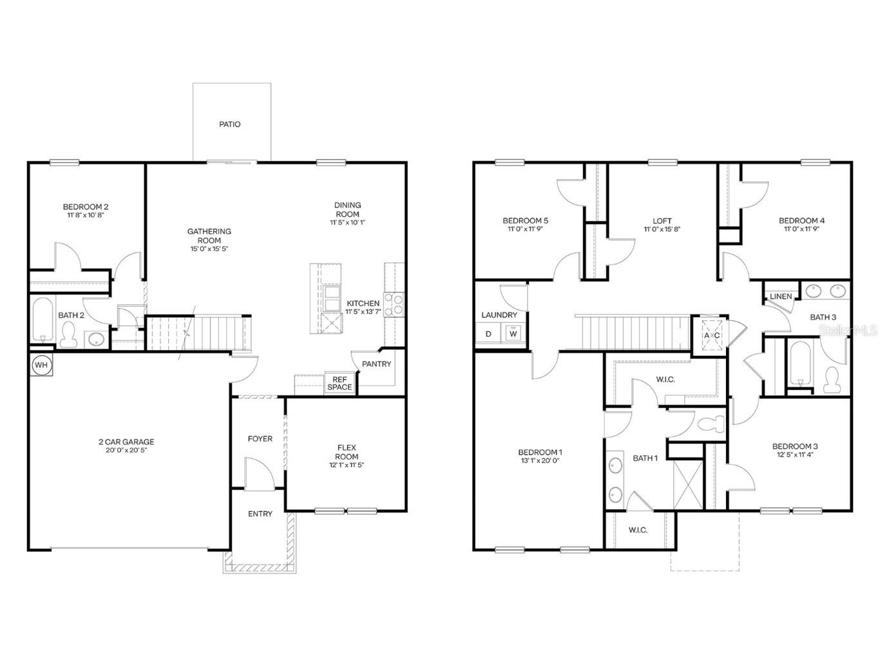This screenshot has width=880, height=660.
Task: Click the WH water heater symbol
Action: coord(41,365)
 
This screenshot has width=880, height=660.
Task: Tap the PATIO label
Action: coord(230,124)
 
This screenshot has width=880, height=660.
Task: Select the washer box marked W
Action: coord(513,333)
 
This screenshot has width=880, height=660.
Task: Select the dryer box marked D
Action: coord(488,333)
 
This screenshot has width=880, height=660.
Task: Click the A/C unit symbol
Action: coord(711,335)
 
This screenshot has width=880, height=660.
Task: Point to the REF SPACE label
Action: coord(340,383)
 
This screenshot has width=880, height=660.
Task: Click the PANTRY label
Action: coord(376,364)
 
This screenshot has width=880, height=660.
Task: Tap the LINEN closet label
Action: coord(781,296)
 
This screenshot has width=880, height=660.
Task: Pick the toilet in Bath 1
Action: coord(712,424)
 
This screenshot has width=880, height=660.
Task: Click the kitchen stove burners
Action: coord(394,304)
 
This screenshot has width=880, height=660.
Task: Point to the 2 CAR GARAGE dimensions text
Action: coord(126,451)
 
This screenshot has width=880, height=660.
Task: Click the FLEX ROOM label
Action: coord(347,452)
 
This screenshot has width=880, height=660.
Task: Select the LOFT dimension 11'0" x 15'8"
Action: coord(662,229)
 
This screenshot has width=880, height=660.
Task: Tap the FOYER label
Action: coord(260,438)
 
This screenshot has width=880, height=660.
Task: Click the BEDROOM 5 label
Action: coord(525,220)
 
